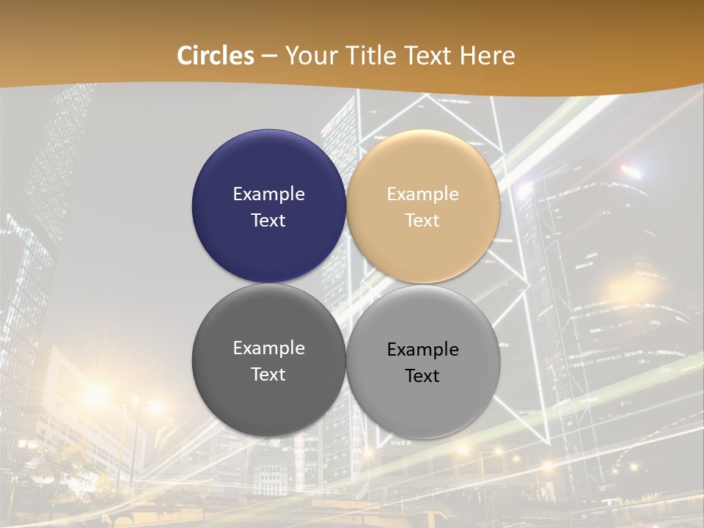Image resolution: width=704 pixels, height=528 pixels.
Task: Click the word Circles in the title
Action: [x=216, y=56]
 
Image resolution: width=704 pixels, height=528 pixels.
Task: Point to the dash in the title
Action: [x=269, y=56]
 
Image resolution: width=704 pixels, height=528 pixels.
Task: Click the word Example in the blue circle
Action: [x=268, y=194]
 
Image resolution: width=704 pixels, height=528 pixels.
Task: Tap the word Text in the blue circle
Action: [x=268, y=221]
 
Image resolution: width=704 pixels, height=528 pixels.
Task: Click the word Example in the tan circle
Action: [x=422, y=194]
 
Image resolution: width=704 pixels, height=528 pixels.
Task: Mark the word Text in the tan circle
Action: [x=422, y=221]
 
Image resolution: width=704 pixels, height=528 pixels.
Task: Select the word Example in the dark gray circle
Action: [x=268, y=348]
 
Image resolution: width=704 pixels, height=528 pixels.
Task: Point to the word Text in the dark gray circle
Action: [x=268, y=375]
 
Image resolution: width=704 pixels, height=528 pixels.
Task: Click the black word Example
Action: [x=422, y=350]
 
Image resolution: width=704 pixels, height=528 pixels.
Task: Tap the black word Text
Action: [x=422, y=376]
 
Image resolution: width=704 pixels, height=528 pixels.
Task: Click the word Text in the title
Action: [x=430, y=56]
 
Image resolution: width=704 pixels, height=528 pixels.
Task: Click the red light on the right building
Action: [x=630, y=171]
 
